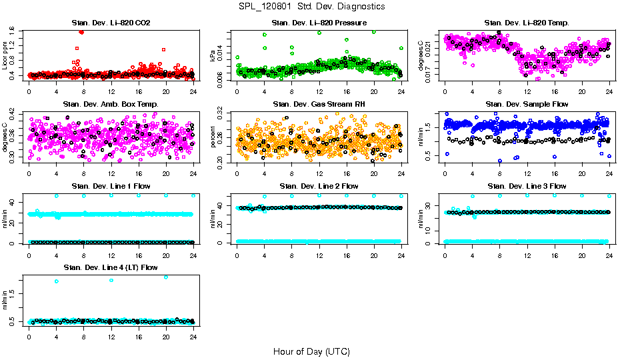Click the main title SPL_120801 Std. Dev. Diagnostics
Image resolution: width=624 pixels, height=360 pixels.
point(311,7)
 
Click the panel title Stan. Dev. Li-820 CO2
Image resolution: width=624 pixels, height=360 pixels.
point(111,23)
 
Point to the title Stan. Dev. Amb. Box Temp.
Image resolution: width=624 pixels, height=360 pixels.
point(111,104)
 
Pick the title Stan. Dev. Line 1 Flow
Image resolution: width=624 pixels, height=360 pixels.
point(111,186)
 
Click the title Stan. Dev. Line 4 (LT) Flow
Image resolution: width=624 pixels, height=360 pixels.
point(111,267)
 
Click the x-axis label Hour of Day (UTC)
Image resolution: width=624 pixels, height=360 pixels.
point(311,351)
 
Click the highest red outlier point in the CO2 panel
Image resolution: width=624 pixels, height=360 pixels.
point(81,32)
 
